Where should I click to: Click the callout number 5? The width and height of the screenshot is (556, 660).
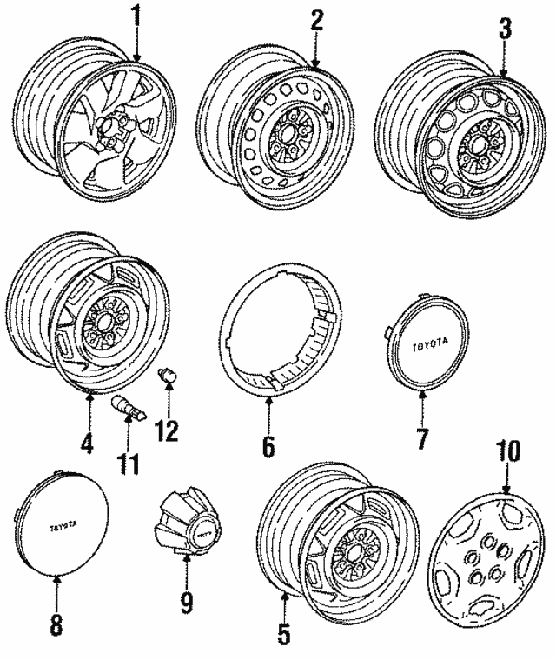click(x=283, y=634)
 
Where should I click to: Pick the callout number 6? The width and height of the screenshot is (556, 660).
click(x=268, y=447)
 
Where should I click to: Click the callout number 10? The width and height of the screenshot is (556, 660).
click(x=507, y=452)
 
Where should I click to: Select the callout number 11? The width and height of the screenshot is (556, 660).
click(x=129, y=462)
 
